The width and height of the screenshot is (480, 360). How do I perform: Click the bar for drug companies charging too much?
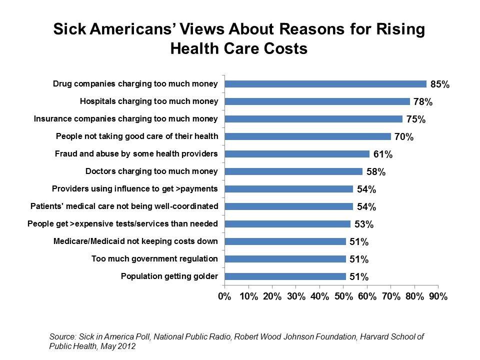[325, 84]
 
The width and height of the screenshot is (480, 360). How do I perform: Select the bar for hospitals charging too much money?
[317, 101]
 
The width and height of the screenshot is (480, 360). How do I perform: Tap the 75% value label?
[415, 119]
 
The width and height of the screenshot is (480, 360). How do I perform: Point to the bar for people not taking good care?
[307, 136]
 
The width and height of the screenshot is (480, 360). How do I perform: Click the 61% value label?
[382, 154]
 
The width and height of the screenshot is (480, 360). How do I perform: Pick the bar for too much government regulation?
[285, 259]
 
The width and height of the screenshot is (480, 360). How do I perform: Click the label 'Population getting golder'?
[169, 276]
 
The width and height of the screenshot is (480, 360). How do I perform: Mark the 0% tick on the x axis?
[224, 296]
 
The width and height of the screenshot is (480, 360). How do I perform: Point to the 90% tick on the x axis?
[438, 296]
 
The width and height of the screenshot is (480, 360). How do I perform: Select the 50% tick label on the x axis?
[343, 296]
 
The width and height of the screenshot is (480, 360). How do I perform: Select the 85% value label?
[440, 84]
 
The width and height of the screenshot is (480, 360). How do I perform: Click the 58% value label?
[375, 172]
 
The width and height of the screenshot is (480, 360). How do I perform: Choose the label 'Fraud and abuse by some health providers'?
[136, 153]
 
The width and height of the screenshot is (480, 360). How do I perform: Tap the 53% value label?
[363, 224]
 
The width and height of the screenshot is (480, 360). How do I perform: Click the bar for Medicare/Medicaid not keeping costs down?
[285, 241]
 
